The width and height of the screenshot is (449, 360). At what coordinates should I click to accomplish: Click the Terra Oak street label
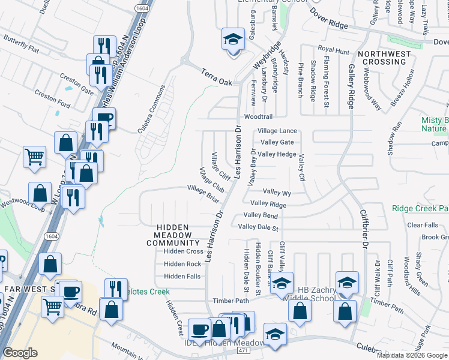(x=217, y=71)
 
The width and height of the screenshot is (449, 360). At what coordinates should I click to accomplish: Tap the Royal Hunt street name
(x=333, y=50)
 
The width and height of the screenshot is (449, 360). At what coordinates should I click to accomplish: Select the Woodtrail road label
(x=258, y=117)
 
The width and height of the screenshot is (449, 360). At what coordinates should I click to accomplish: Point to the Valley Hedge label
(x=277, y=154)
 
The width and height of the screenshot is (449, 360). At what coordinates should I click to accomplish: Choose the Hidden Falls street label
(x=182, y=276)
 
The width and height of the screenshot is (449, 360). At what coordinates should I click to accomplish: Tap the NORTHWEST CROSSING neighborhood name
(x=384, y=58)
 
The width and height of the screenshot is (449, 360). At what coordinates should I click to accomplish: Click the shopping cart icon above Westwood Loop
(x=35, y=157)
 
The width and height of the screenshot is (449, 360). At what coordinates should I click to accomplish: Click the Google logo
(x=20, y=353)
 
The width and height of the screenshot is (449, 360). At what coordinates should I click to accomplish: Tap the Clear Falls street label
(x=423, y=225)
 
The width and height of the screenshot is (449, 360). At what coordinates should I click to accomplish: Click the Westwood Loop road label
(x=22, y=203)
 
